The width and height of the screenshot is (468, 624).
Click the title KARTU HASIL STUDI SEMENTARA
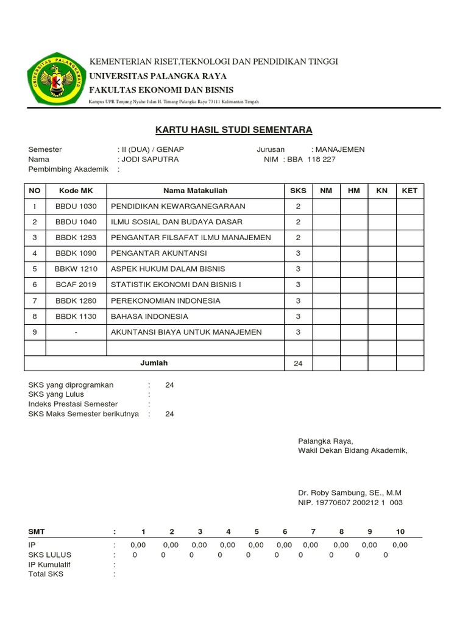pos(233,130)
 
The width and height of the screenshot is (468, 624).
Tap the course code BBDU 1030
pos(76,207)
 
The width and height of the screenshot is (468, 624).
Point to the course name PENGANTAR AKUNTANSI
pos(158,253)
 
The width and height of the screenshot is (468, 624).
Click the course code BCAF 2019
pos(76,285)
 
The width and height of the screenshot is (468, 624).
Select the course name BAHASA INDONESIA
pos(149,316)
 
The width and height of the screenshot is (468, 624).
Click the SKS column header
pos(298,191)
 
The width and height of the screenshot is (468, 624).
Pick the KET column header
pos(409,191)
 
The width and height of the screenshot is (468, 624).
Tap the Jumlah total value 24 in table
pos(298,364)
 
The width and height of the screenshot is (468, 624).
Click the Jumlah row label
pos(154,363)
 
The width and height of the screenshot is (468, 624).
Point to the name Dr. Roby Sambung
pos(350,492)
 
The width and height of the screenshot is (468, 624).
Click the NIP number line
pos(350,503)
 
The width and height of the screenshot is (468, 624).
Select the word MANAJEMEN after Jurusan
pos(338,149)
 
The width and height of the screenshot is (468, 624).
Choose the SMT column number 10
pos(400,532)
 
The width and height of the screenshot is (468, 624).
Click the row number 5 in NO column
pos(35,269)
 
